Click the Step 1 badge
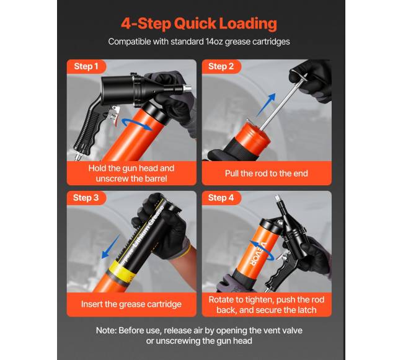[86, 66]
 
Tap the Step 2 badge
[221, 66]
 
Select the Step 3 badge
[86, 198]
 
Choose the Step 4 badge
[221, 198]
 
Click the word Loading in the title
[248, 24]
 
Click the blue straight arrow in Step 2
[266, 104]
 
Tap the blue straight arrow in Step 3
[111, 246]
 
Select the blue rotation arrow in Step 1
[138, 125]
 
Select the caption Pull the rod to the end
[267, 173]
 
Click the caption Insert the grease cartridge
[131, 304]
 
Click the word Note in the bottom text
[105, 330]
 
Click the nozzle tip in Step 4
[277, 198]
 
